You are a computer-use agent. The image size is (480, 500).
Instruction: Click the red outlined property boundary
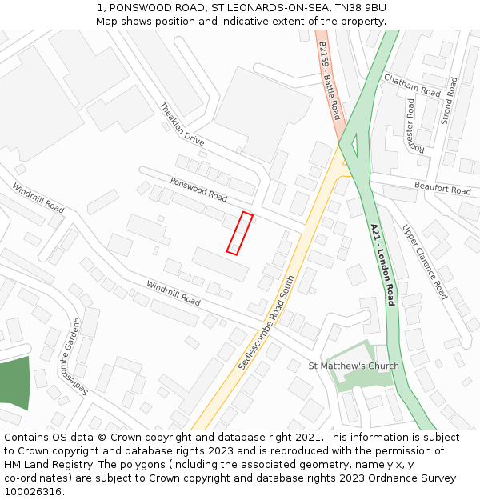[x=239, y=233]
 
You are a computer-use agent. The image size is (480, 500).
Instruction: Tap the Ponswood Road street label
[x=198, y=189]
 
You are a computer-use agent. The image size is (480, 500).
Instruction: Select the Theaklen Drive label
[x=182, y=123]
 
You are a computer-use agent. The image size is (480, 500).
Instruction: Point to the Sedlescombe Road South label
[x=266, y=322]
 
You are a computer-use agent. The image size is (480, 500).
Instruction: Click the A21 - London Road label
[x=382, y=264]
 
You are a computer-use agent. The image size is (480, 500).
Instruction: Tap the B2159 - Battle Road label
[x=329, y=81]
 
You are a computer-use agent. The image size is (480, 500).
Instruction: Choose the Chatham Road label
[x=411, y=85]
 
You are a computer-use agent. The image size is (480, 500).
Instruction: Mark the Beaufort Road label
[x=442, y=189]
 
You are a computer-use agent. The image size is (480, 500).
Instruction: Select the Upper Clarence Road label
[x=425, y=262]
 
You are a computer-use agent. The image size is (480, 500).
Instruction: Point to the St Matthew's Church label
[x=354, y=366]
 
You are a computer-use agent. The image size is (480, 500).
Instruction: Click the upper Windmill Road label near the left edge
[x=38, y=197]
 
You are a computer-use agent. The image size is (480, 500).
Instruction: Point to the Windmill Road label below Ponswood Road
[x=173, y=293]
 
